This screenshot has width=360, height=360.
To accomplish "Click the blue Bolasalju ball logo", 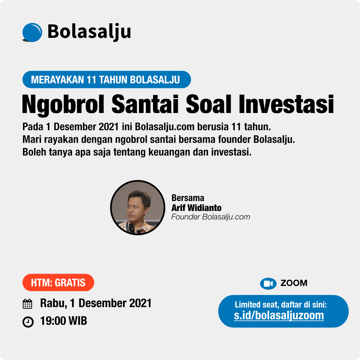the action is (32, 32).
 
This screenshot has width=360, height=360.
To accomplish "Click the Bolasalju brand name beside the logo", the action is (89, 32).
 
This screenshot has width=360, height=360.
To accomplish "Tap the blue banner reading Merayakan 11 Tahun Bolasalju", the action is (107, 79).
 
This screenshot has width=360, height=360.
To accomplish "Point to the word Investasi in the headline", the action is (286, 104).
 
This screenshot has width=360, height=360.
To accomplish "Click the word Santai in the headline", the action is (145, 104).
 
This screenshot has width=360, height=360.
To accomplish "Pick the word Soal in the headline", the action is (208, 104).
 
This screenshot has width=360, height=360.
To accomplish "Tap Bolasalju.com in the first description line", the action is (165, 127).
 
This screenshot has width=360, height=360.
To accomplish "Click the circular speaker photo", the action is (138, 208).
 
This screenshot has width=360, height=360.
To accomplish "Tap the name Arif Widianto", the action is (197, 208).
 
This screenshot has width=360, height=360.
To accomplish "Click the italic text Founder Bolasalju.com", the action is (211, 217).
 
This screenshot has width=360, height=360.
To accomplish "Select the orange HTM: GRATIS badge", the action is (58, 282).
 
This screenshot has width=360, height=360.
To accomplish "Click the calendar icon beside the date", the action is (28, 304).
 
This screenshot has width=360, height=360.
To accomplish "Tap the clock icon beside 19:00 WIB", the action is (28, 322).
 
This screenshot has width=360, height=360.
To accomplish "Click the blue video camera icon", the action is (268, 284).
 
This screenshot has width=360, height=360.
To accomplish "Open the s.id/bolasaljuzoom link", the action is (279, 315).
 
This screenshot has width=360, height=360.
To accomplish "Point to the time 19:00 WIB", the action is (64, 321).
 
